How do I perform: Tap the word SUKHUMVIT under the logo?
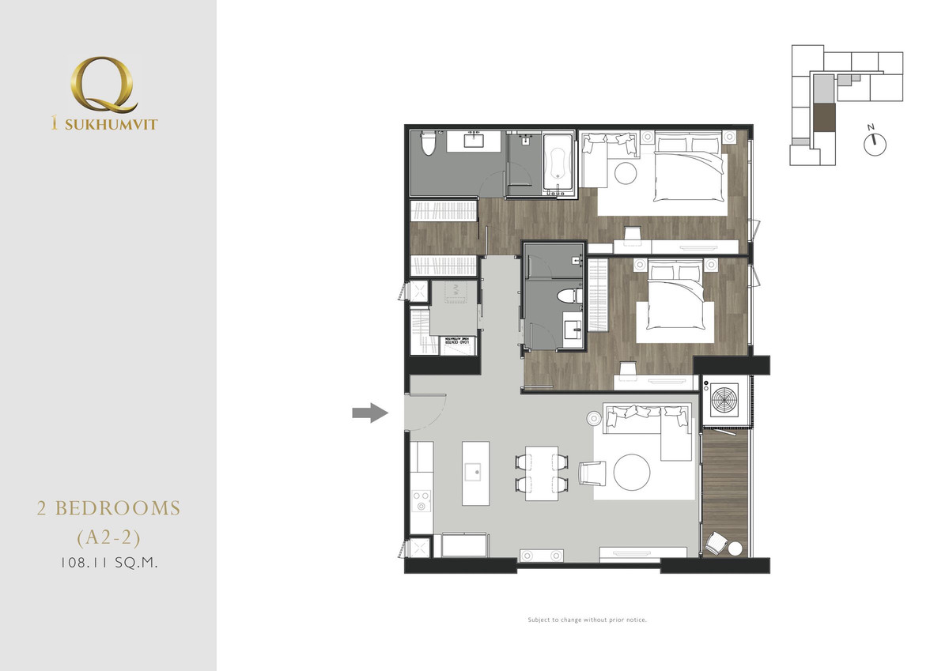(x=114, y=123)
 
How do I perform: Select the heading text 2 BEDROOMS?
(x=108, y=508)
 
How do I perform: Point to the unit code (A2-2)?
(x=108, y=537)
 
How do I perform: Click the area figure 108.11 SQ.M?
(x=108, y=564)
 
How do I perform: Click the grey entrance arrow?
(x=369, y=412)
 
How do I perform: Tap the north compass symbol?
(x=875, y=143)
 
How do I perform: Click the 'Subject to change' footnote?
(x=588, y=620)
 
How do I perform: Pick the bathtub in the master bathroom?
(x=557, y=164)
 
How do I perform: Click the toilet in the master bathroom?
(x=428, y=145)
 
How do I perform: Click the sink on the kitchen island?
(x=477, y=472)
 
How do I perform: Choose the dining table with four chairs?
(x=542, y=473)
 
